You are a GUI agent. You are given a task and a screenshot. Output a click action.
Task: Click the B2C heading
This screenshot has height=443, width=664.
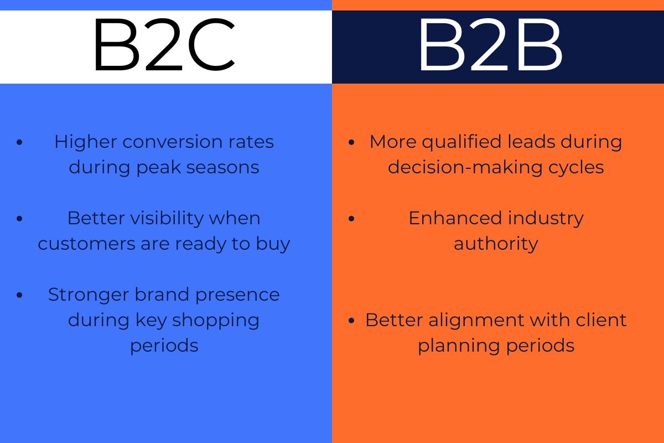click(164, 47)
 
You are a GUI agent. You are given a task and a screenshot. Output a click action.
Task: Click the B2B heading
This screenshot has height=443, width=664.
click(490, 47)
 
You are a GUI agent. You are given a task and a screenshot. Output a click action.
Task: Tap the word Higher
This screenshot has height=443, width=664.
click(85, 142)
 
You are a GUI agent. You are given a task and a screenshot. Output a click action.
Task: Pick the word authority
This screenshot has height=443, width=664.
click(496, 244)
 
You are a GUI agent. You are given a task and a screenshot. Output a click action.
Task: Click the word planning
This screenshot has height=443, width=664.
click(450, 346)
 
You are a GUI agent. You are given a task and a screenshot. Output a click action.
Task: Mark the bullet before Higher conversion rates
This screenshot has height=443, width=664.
click(20, 142)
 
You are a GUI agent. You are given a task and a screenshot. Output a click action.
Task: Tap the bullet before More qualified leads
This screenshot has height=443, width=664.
click(352, 142)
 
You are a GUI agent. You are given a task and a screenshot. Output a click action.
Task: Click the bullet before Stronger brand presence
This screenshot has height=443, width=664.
click(20, 295)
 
